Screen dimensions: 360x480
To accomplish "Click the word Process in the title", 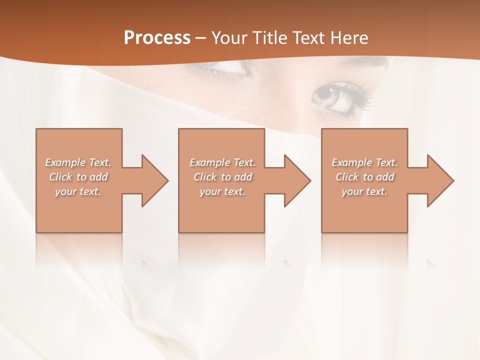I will tap(157, 38).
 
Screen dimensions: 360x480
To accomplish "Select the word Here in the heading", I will tap(348, 38).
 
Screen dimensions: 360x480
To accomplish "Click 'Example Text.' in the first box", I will tap(78, 162).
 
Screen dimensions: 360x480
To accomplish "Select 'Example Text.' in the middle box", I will tap(222, 162).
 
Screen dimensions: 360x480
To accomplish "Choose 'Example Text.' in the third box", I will tap(364, 162).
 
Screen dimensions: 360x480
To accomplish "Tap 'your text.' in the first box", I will tap(78, 191).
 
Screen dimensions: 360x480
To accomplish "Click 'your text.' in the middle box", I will tap(222, 191).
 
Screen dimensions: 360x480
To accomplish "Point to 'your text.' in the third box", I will tap(364, 191).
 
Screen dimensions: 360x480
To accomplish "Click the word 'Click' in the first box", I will tap(60, 177).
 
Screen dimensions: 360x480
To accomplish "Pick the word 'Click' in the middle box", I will tap(205, 177).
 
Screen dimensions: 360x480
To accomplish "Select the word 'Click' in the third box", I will tap(347, 177).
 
